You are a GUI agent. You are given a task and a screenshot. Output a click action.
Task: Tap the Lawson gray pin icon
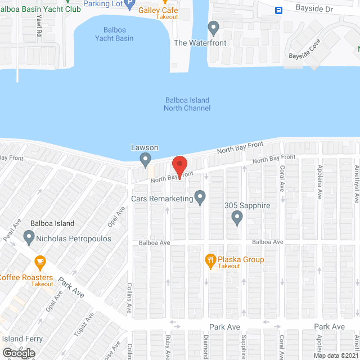(146, 160)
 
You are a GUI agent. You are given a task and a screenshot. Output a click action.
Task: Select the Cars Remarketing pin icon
(199, 197)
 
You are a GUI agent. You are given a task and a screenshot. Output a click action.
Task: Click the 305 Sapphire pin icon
(237, 217)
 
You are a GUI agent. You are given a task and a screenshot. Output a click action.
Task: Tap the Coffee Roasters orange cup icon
(39, 262)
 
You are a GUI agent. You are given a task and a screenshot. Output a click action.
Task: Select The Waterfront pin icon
(213, 28)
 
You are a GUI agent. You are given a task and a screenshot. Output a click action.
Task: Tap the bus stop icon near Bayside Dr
(278, 10)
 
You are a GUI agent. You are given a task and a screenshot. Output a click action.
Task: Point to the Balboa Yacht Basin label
(118, 34)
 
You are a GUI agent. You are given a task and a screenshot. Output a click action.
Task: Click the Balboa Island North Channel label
(187, 104)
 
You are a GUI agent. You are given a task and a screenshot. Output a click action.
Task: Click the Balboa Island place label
(52, 223)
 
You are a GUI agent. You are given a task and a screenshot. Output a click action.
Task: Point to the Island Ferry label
(22, 339)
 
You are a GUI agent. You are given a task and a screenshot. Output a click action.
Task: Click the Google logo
(18, 353)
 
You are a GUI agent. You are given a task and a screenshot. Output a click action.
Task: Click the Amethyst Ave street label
(355, 181)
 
